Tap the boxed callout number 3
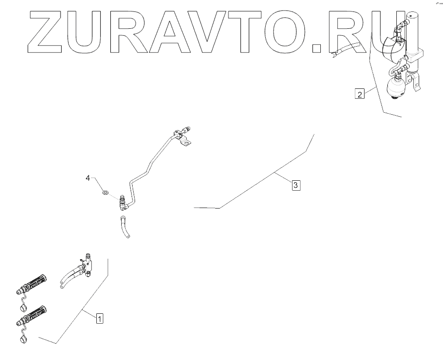coord(295,186)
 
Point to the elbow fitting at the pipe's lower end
coord(123,204)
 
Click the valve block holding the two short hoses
coord(89,265)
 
